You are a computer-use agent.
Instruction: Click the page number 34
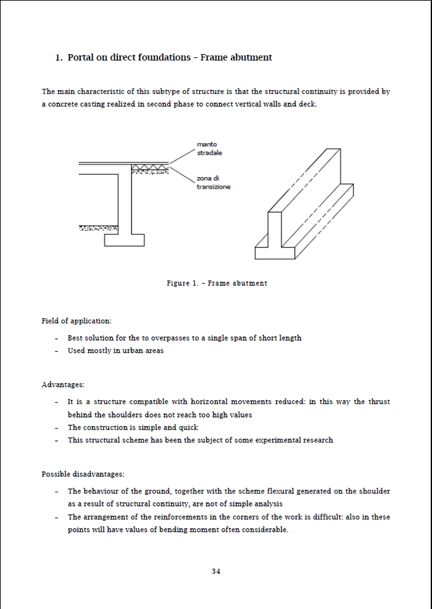[x=216, y=571]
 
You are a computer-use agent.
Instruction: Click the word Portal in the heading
[x=81, y=57]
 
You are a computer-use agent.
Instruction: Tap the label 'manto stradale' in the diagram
[x=209, y=149]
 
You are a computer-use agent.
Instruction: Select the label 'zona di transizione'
[x=213, y=183]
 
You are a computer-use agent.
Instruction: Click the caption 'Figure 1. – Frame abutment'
[x=217, y=283]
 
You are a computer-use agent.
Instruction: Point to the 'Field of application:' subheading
[x=77, y=321]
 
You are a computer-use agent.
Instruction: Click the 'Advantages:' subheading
[x=63, y=385]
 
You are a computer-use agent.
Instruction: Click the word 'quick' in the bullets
[x=188, y=428]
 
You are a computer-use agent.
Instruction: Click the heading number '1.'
[x=59, y=57]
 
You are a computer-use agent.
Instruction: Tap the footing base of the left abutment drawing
[x=123, y=239]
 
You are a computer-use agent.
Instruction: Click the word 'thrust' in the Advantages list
[x=379, y=402]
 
